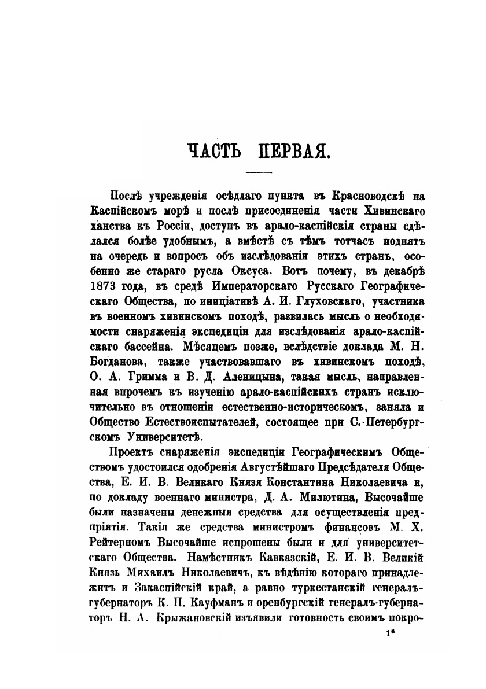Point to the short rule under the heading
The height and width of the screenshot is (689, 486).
point(259,173)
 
